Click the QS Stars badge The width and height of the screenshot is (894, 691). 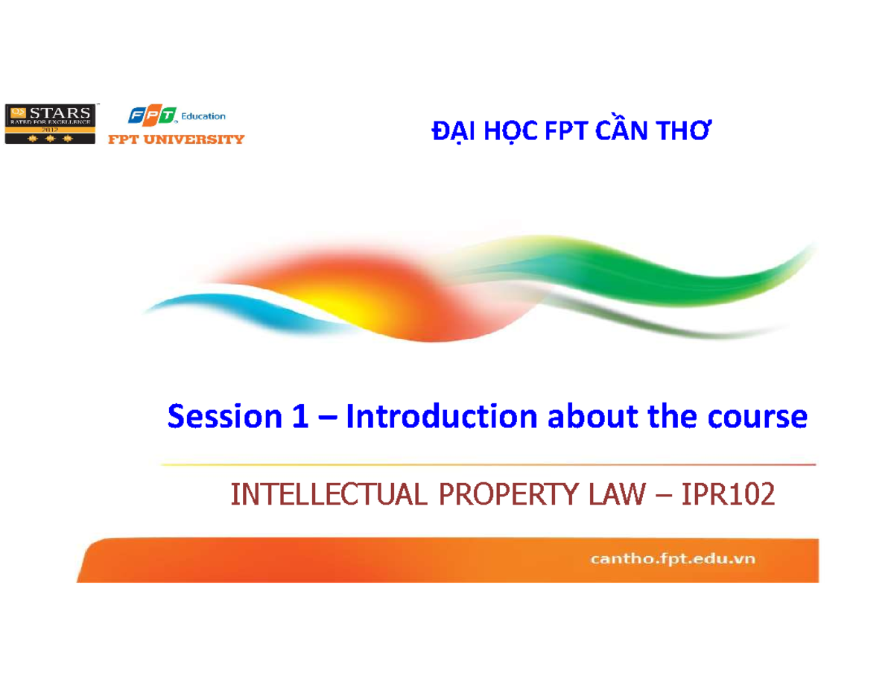[x=51, y=122]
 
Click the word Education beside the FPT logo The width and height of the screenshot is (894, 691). [x=202, y=116]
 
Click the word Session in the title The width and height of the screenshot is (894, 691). [x=221, y=417]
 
